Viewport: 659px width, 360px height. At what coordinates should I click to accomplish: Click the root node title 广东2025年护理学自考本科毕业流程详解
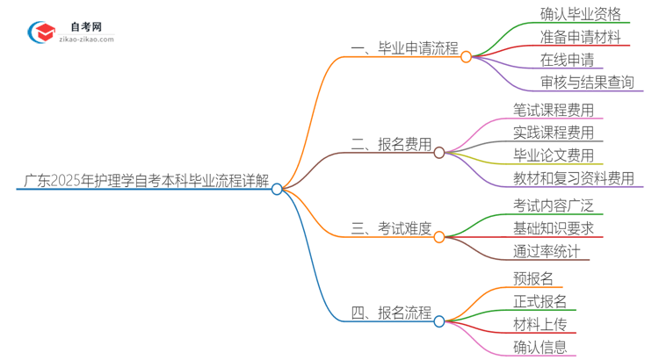[143, 182]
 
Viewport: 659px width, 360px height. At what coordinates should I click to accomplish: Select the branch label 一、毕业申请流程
[405, 49]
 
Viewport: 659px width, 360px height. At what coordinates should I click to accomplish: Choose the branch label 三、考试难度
[391, 229]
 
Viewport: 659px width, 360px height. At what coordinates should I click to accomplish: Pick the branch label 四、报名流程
[391, 313]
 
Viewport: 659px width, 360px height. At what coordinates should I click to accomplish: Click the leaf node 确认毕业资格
[581, 14]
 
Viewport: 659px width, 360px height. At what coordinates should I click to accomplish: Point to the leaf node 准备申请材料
[581, 38]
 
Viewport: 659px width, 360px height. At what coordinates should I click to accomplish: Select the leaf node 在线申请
[567, 61]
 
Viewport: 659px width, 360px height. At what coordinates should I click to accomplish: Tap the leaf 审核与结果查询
[587, 83]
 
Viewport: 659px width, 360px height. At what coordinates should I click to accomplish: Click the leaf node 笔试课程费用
[554, 111]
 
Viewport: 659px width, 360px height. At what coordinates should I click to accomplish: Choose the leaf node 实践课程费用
[554, 133]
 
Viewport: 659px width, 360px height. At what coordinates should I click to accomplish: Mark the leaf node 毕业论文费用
[554, 156]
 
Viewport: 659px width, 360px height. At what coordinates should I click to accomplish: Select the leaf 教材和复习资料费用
[574, 179]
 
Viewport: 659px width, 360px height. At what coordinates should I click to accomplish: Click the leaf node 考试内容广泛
[554, 206]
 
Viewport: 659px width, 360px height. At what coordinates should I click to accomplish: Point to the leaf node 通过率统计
[547, 252]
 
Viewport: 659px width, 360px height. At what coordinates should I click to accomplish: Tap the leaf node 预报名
[533, 279]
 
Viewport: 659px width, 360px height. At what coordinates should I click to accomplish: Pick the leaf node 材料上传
[540, 325]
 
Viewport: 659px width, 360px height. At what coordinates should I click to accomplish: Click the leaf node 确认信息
[540, 348]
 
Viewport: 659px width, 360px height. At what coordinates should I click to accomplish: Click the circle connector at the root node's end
[277, 189]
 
